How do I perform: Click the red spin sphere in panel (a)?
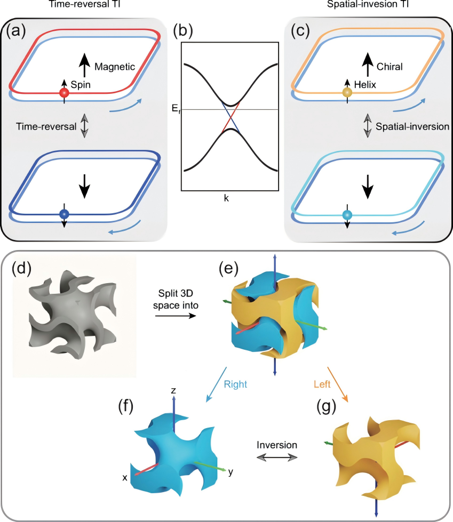coord(64,93)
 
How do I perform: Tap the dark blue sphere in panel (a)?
coord(64,214)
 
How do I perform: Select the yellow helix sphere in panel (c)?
coord(347,93)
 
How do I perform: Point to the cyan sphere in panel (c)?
coord(347,214)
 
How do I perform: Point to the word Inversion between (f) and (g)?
coord(274,444)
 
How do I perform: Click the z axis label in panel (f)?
coord(173,391)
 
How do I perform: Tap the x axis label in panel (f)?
coord(125,477)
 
